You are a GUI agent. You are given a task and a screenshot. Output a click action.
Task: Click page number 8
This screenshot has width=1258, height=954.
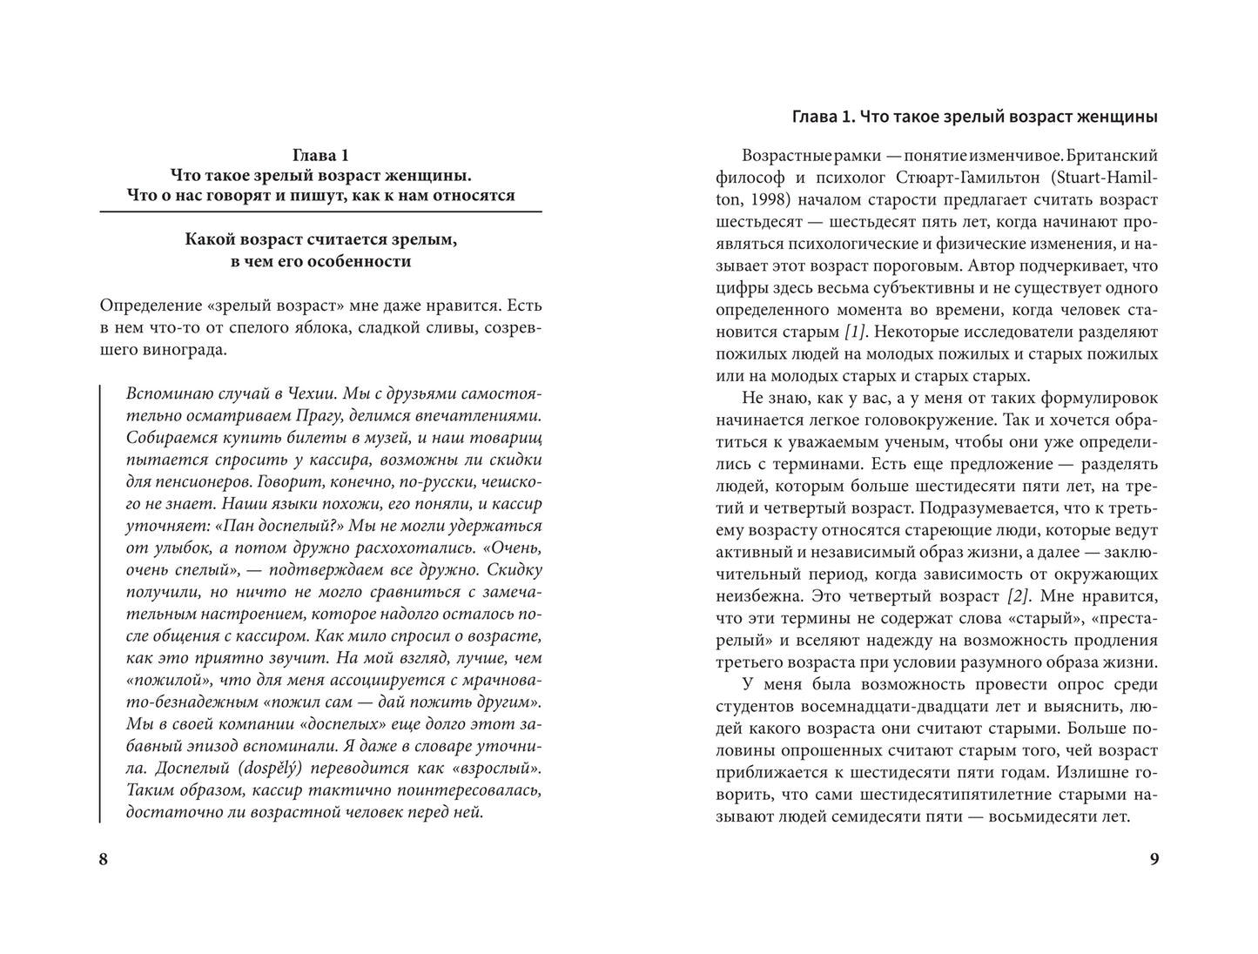[104, 860]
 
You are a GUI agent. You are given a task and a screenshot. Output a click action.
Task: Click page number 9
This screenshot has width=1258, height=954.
[1154, 860]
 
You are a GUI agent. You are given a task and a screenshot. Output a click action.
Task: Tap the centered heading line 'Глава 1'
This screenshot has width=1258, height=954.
[320, 156]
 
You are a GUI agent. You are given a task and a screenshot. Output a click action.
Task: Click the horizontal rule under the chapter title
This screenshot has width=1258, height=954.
[320, 212]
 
